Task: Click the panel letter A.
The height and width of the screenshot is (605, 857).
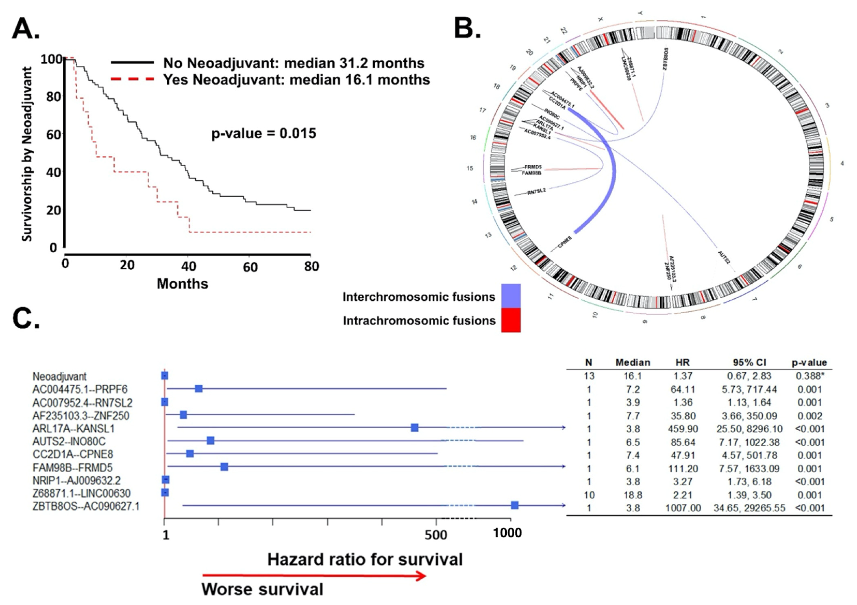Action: (25, 29)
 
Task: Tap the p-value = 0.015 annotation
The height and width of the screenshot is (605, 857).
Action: (264, 133)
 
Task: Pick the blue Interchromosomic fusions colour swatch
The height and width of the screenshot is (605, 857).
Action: (511, 296)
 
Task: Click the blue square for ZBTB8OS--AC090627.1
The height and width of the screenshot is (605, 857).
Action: (515, 505)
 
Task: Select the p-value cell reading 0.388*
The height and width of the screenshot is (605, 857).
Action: (809, 376)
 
